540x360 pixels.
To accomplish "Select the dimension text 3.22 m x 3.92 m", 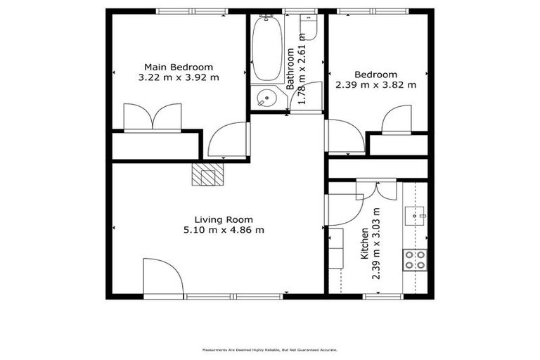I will (179, 77).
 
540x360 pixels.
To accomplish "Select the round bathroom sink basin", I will (266, 99).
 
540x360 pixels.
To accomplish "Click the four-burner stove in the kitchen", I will (414, 260).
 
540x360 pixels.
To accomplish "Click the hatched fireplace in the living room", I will (208, 174).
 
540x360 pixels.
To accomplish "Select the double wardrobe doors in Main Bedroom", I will (153, 117).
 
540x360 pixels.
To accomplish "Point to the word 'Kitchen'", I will (364, 244).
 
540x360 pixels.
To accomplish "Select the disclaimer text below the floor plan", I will (270, 349).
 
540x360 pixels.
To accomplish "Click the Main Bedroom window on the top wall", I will (191, 11).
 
